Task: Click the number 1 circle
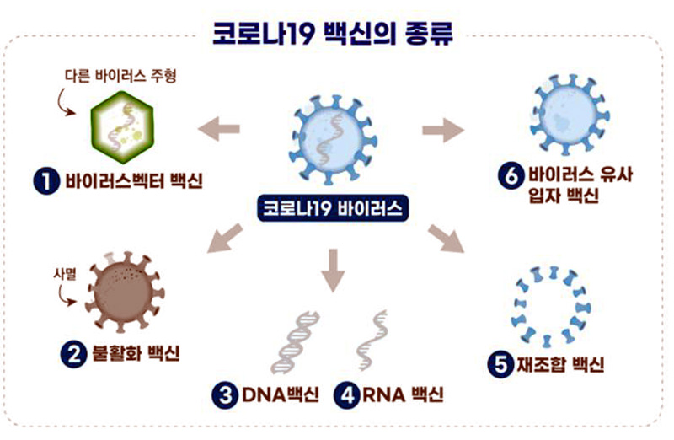coord(45,181)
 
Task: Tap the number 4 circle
coord(346,394)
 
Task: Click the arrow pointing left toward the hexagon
coord(217,128)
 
